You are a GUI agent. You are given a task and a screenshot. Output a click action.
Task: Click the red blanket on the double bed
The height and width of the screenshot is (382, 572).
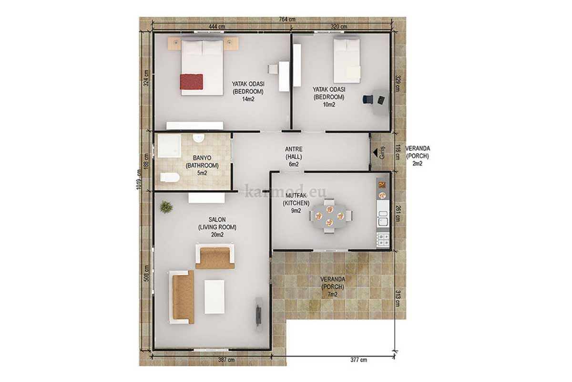click(192, 82)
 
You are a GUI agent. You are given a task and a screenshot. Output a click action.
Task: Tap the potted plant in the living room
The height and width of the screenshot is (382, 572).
click(166, 207)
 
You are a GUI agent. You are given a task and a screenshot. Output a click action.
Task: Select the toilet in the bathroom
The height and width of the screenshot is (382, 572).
click(170, 178)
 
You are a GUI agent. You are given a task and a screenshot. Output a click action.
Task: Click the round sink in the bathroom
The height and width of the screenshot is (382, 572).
click(198, 138)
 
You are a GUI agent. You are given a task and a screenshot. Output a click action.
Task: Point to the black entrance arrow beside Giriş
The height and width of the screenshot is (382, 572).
click(375, 153)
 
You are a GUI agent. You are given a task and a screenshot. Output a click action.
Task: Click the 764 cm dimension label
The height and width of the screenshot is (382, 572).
click(287, 20)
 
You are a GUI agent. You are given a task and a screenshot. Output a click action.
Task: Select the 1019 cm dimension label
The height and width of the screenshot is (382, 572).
click(139, 180)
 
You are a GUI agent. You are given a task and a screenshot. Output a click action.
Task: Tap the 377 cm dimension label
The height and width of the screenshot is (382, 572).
click(358, 360)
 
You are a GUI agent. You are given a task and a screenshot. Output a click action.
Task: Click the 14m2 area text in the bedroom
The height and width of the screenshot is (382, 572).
click(248, 99)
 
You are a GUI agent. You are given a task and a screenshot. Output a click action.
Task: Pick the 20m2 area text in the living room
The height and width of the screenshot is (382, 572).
click(217, 234)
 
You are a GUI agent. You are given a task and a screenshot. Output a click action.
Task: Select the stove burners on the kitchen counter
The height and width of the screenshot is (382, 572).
click(383, 240)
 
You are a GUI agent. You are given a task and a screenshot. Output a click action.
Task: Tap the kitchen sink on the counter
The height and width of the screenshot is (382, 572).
click(383, 218)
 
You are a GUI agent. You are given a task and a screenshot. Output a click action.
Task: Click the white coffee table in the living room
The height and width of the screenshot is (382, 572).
click(214, 297)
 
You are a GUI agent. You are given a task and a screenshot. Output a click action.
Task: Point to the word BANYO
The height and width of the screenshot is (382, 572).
click(202, 158)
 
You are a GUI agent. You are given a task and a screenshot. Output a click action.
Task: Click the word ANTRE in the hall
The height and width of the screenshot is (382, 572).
click(294, 149)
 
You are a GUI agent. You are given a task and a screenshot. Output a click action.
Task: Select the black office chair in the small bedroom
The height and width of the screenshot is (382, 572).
click(368, 99)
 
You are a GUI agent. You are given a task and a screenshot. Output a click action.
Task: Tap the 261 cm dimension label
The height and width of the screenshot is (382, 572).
click(398, 213)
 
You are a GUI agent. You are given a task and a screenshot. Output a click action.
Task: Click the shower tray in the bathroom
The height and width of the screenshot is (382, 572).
click(169, 146)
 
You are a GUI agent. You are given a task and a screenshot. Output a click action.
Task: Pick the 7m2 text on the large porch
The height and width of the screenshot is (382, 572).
click(333, 295)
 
